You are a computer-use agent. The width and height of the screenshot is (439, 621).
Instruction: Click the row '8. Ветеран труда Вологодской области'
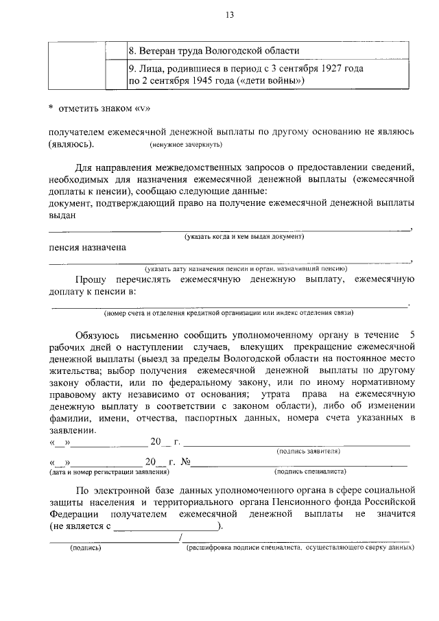(x=213, y=51)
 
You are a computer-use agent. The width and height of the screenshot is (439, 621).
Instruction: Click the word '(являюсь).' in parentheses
(x=72, y=144)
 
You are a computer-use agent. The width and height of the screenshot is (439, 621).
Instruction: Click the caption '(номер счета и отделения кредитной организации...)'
(x=228, y=313)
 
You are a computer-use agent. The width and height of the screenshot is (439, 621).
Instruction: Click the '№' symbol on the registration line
(x=184, y=462)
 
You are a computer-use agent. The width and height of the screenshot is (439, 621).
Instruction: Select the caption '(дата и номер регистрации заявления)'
(x=108, y=472)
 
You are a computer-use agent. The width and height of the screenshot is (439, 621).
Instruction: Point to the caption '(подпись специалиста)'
(x=309, y=472)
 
